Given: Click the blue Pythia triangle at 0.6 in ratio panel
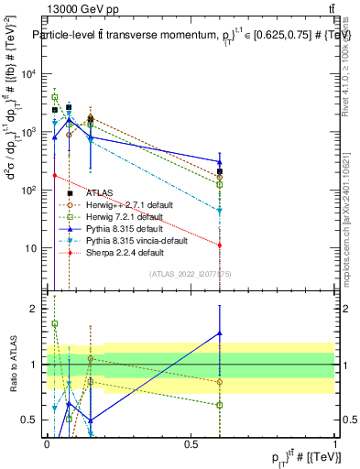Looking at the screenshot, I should click(220, 333).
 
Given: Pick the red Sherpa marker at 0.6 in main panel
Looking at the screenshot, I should click(220, 245).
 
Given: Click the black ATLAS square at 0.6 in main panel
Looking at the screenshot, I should click(220, 171).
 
